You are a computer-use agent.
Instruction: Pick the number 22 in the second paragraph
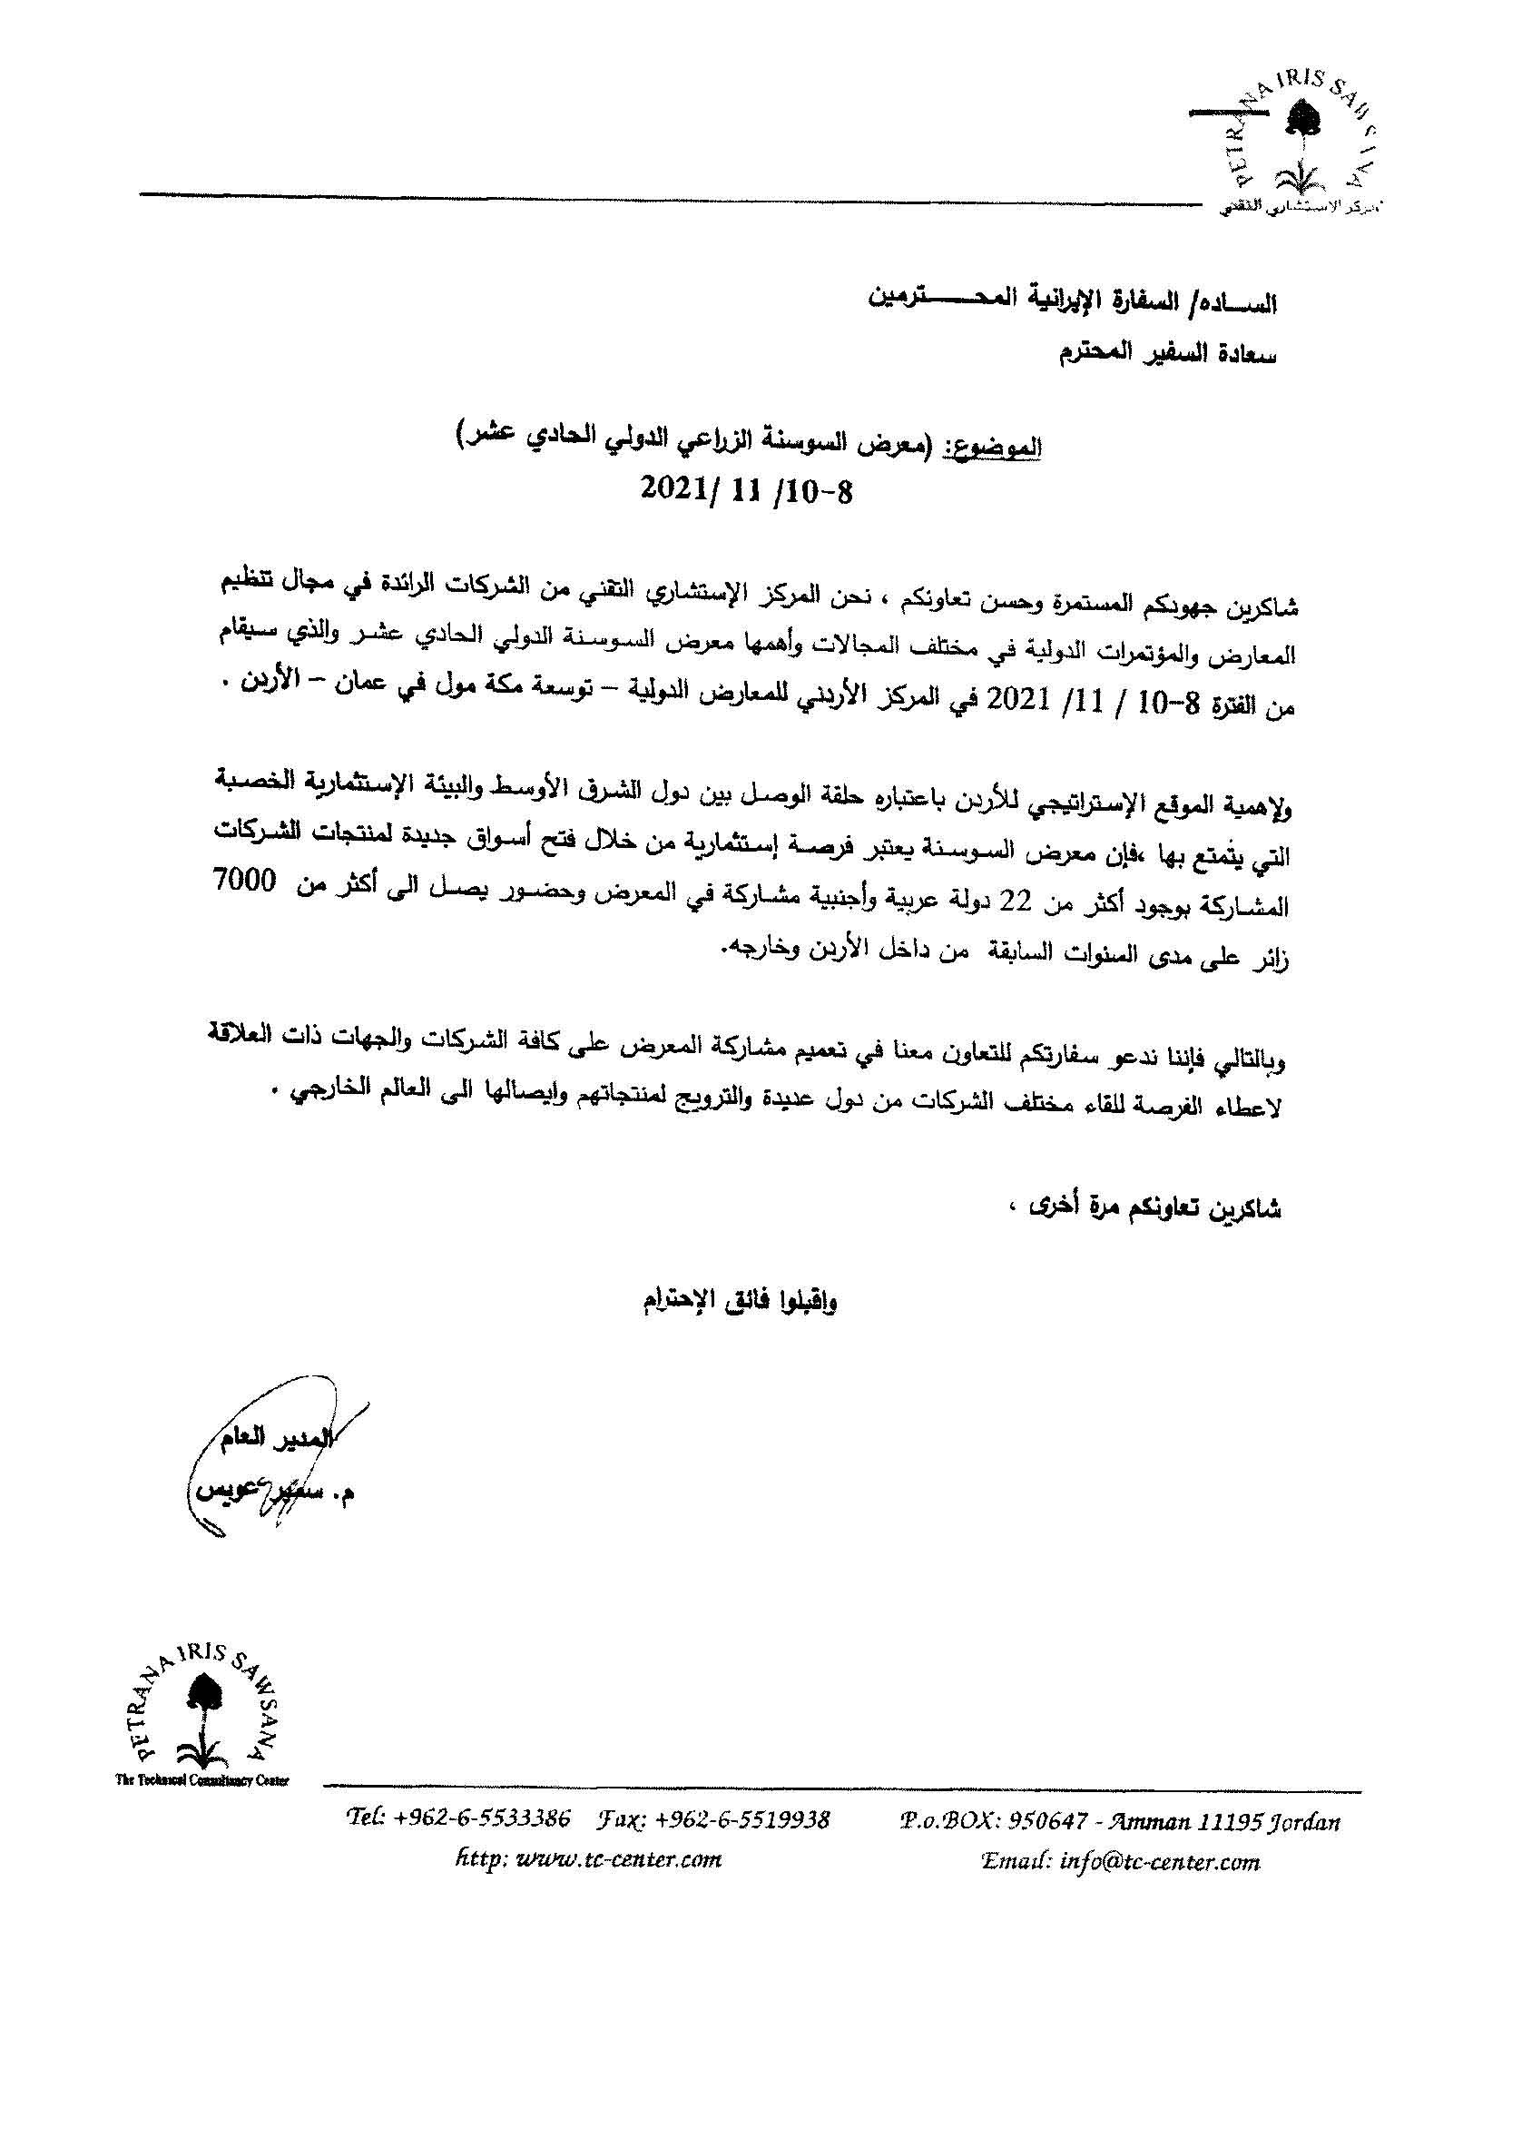[x=1032, y=902]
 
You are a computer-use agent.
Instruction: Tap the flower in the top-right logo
[x=1299, y=121]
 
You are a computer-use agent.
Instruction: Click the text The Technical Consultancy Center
[x=201, y=1781]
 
